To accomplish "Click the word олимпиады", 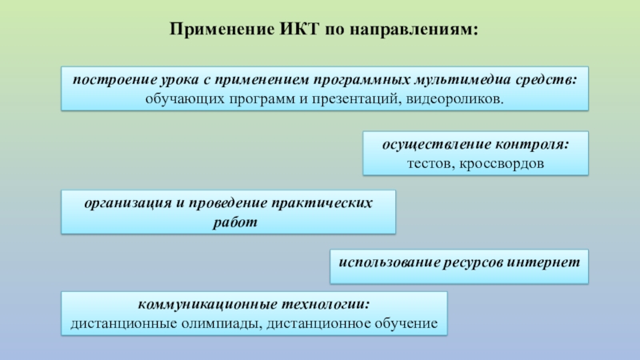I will [221, 324].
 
